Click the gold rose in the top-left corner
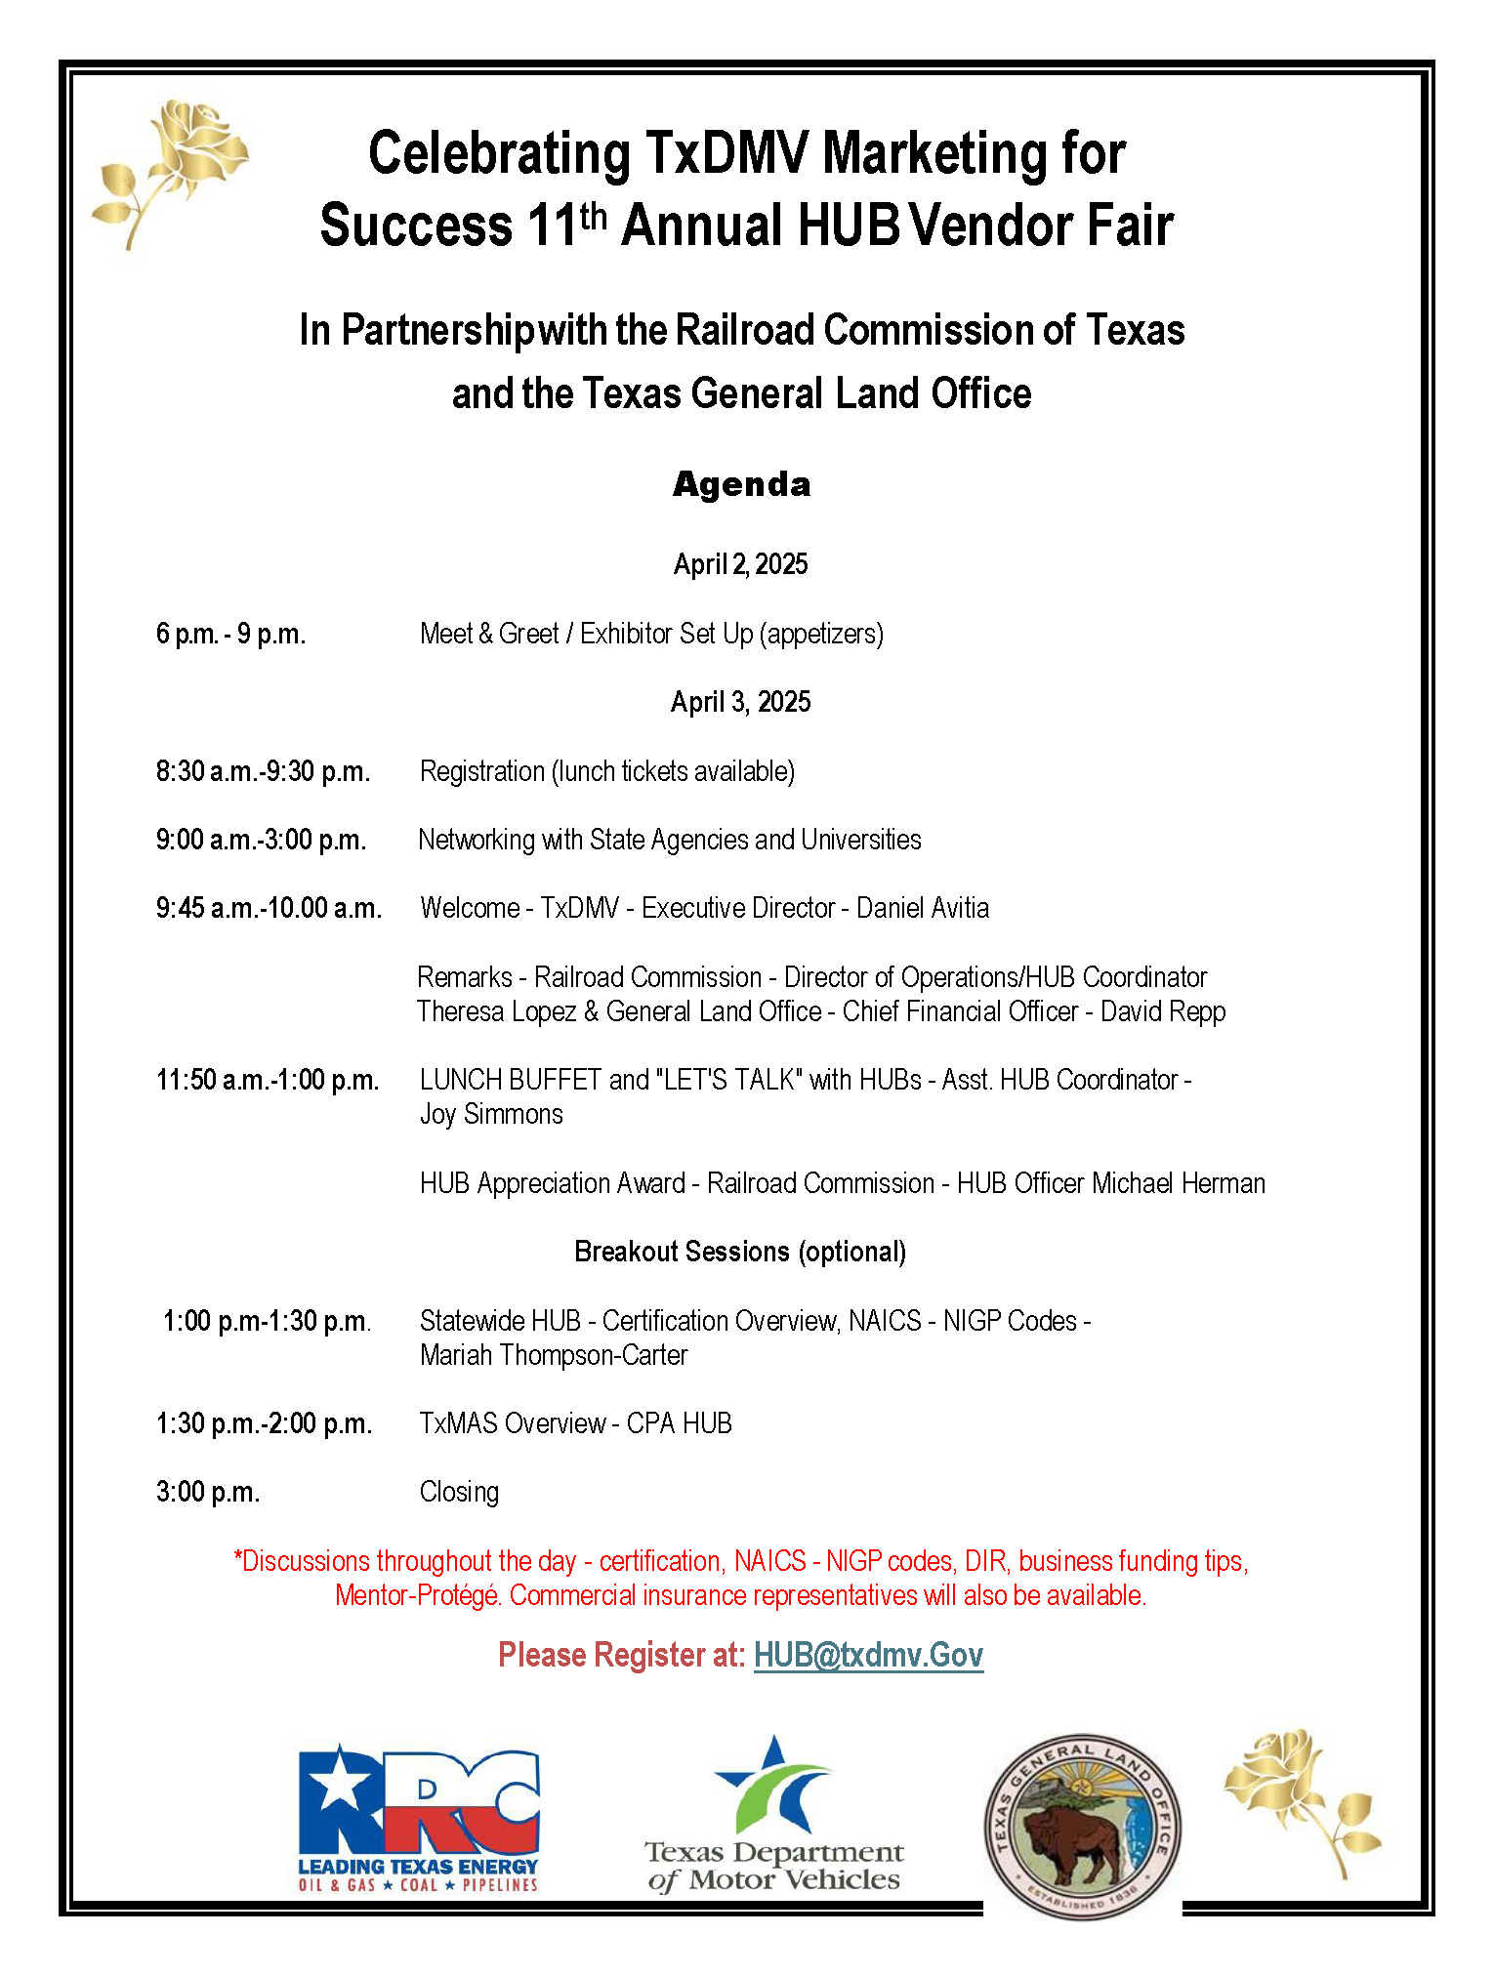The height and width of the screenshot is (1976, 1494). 171,171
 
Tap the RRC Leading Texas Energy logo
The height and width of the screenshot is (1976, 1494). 419,1821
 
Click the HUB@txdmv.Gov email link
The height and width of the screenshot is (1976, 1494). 868,1655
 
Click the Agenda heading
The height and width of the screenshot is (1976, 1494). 742,484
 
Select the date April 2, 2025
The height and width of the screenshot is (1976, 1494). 741,564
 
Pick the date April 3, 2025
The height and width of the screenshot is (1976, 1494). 741,702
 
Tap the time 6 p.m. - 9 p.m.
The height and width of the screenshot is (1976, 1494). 231,634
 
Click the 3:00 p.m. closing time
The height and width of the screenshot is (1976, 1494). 208,1492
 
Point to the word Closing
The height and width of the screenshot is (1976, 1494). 459,1492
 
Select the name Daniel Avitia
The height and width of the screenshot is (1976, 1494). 923,908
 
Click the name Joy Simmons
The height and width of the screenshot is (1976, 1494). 491,1114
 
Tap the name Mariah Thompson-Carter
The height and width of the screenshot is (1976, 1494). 554,1355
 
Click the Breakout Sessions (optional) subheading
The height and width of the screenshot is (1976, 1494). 740,1252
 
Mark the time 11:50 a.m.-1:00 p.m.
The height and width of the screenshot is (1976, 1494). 268,1080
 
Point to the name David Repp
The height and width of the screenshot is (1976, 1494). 1163,1011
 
